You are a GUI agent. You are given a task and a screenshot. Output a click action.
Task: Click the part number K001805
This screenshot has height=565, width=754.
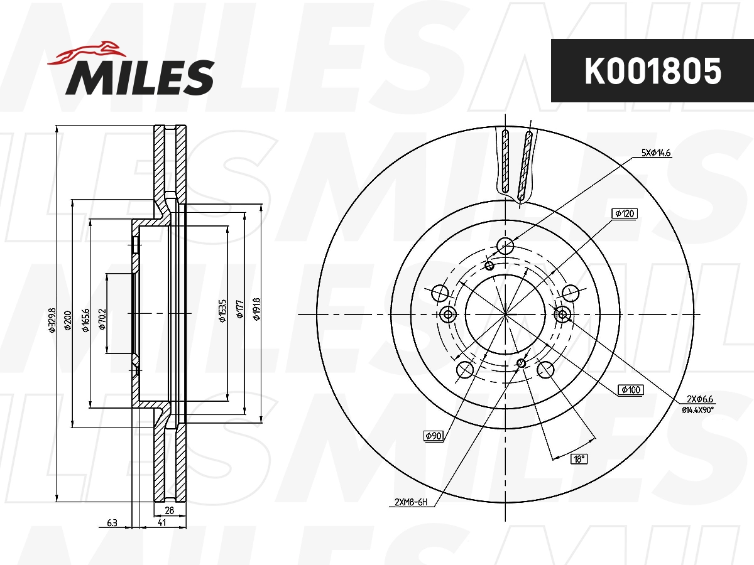point(652,71)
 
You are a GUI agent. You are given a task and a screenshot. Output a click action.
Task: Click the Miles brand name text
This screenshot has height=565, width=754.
point(139,78)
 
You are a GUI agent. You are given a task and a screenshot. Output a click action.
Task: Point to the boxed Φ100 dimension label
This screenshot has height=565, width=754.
point(630,390)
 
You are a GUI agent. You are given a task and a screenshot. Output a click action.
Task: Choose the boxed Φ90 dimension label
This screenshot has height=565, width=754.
point(434,435)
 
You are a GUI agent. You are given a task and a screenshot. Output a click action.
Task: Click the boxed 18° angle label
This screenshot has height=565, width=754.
point(578,459)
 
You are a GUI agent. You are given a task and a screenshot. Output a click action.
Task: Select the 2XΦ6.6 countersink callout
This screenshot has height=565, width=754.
point(701,399)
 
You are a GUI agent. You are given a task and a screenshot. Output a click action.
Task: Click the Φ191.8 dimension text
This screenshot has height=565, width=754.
point(256,309)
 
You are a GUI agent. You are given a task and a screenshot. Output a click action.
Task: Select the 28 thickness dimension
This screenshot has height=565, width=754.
point(169,511)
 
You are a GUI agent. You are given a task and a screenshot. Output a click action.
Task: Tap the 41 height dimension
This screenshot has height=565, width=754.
point(161,522)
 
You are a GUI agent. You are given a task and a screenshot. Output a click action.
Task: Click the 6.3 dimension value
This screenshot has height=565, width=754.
point(112,522)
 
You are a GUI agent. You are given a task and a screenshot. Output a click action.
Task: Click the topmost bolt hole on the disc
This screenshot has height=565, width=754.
point(505,245)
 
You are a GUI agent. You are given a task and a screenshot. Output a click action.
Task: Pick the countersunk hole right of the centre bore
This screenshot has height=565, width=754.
point(562,315)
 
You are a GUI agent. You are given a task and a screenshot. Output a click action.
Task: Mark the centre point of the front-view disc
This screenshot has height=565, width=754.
point(506,314)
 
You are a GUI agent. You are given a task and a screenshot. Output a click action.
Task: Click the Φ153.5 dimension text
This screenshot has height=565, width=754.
point(221,310)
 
